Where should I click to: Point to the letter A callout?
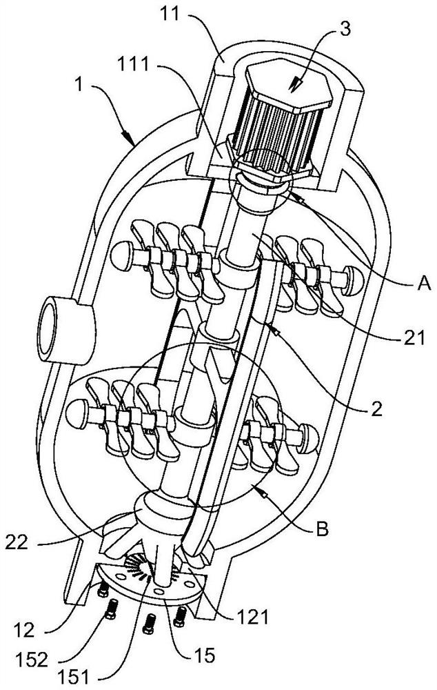tap(423, 284)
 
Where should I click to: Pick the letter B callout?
tap(323, 529)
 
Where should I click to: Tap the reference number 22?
tap(17, 542)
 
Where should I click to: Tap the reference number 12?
tap(23, 631)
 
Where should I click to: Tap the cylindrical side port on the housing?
tap(66, 330)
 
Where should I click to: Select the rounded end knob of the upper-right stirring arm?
tap(353, 280)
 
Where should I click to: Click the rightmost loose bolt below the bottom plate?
tap(179, 616)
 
